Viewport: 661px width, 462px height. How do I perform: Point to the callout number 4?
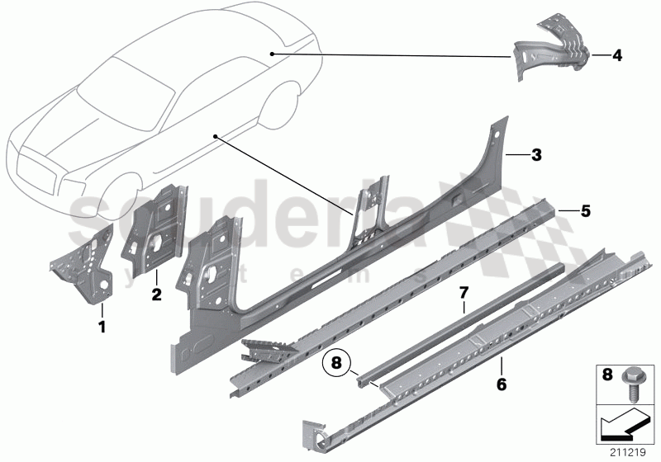[x=617, y=56]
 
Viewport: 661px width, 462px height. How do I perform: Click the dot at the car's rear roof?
[x=271, y=52]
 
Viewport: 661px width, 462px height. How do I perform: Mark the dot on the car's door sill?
[x=216, y=134]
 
